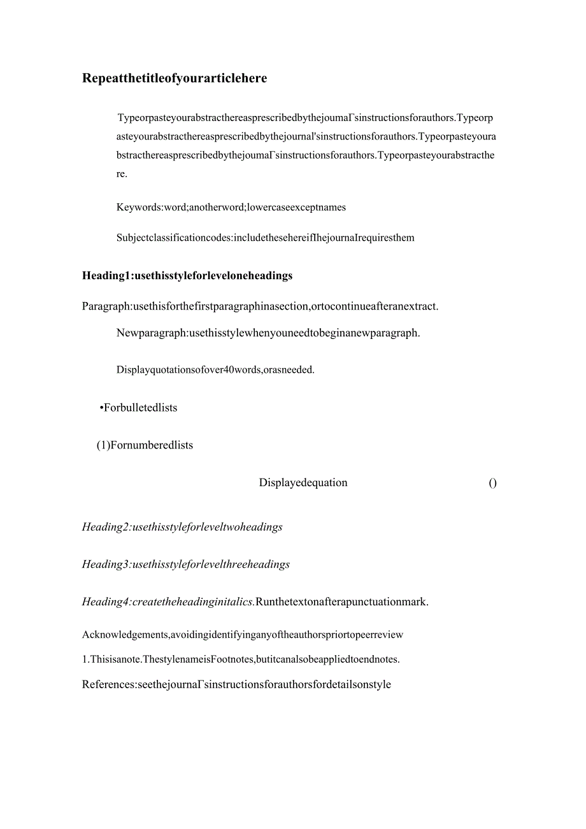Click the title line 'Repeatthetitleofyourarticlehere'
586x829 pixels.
(175, 78)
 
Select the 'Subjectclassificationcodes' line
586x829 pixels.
(265, 238)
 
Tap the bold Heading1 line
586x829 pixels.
(187, 276)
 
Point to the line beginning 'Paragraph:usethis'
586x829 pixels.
(260, 306)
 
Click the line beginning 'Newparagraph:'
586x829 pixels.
(268, 333)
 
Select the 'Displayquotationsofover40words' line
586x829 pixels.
(215, 370)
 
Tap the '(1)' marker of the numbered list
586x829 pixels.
(103, 445)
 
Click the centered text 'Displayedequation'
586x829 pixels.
(303, 483)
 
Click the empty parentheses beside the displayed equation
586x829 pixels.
(492, 483)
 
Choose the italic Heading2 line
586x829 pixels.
(182, 527)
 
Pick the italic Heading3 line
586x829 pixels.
(186, 565)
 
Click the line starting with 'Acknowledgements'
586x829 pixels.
(243, 635)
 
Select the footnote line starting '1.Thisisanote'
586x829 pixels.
(241, 660)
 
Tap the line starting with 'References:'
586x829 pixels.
(236, 685)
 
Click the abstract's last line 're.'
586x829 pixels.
(122, 174)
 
